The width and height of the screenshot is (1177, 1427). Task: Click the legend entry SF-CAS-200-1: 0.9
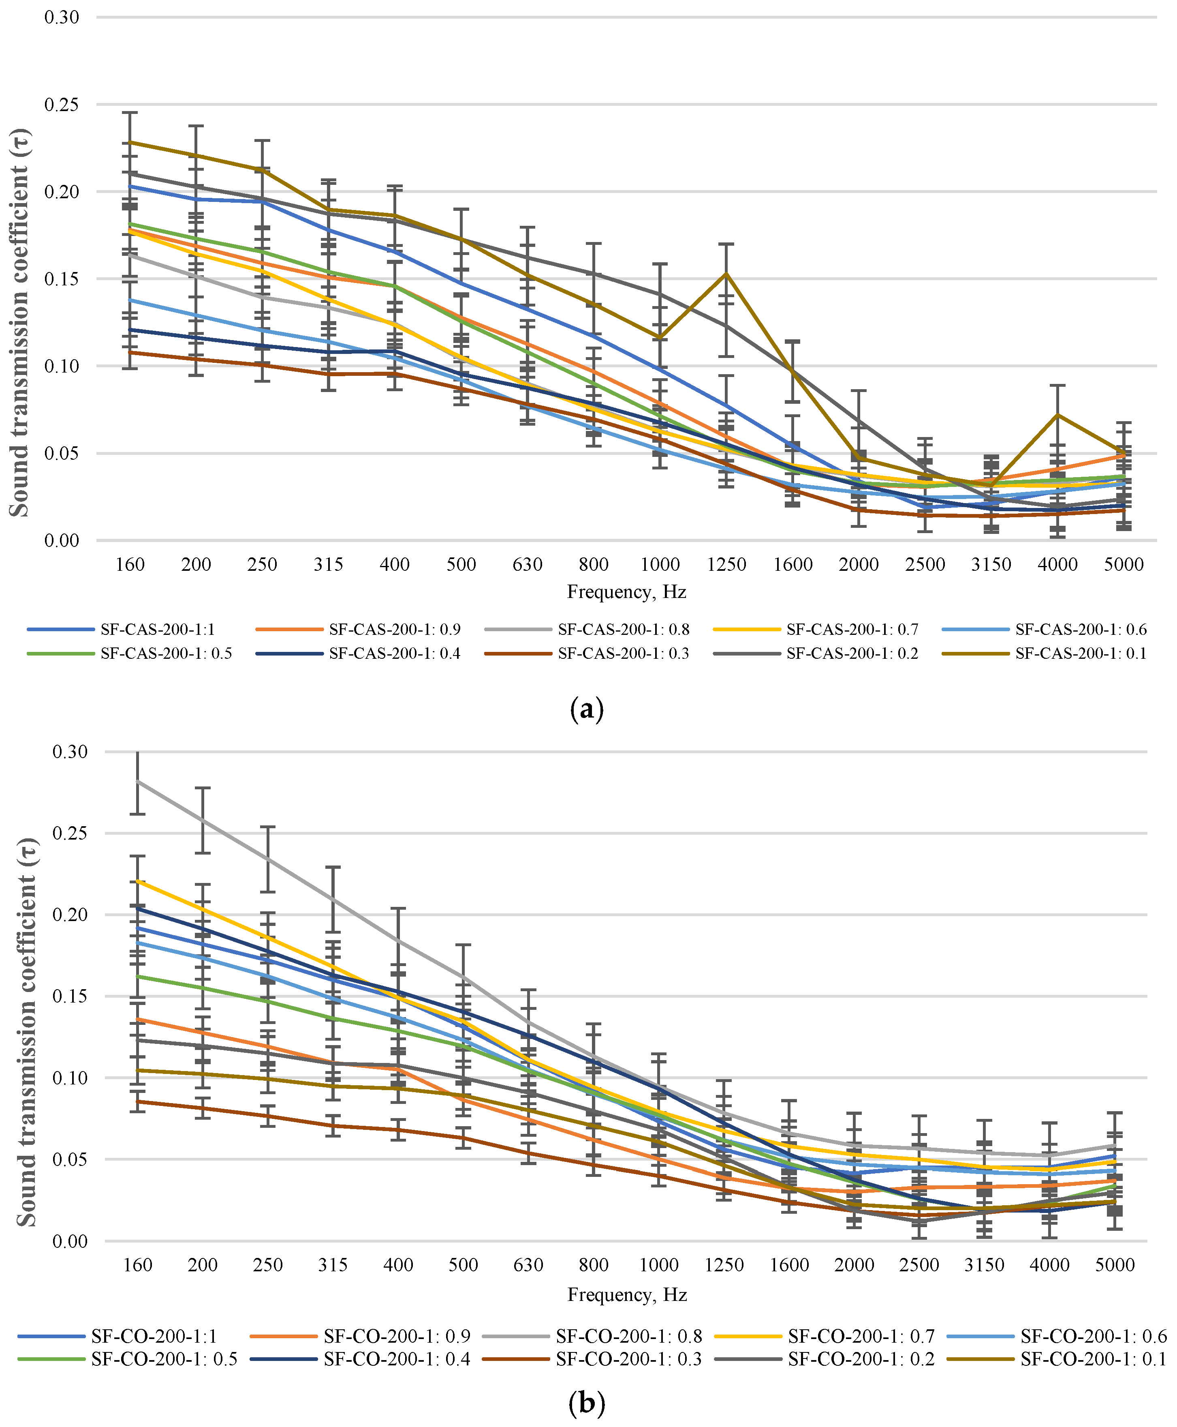coord(359,630)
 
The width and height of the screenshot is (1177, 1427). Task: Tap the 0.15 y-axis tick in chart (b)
coord(70,996)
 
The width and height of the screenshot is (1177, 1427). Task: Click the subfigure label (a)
coord(587,709)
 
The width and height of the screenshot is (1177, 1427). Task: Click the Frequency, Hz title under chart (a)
coord(626,592)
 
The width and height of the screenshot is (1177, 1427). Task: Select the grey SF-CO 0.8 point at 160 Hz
coord(138,781)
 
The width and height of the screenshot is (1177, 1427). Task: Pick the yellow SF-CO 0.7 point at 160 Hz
coord(138,881)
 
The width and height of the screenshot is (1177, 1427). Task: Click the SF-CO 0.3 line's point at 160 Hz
coord(138,1101)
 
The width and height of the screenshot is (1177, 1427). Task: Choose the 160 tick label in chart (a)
coord(130,564)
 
